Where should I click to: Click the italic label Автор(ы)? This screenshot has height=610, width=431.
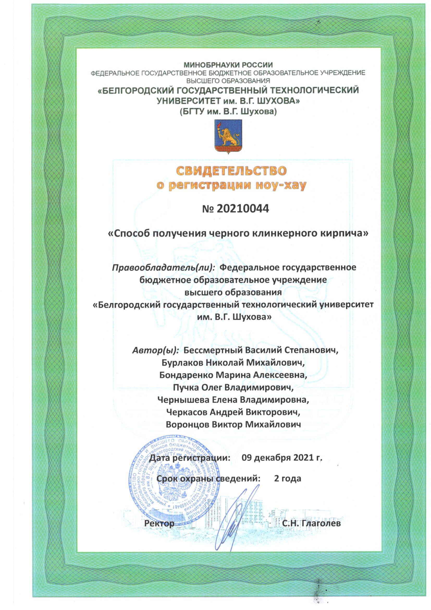tap(155, 350)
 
